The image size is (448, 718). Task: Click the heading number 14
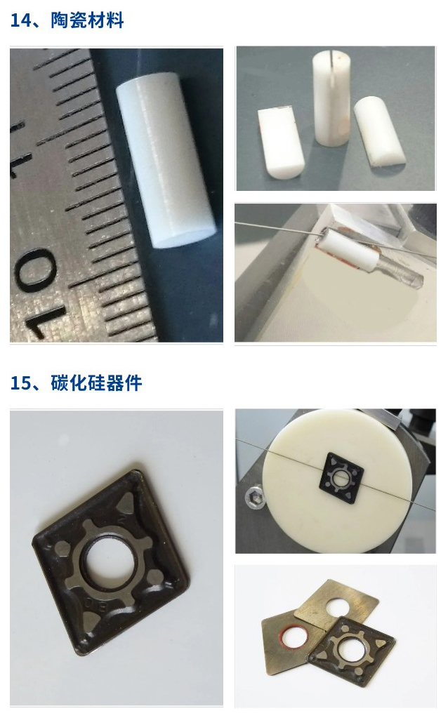tap(21, 20)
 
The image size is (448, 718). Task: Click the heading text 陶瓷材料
tap(87, 20)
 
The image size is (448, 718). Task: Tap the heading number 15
tap(21, 383)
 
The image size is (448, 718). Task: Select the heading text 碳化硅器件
tap(96, 383)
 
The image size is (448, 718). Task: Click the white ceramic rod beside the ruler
tap(165, 160)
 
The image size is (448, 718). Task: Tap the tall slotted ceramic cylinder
tap(331, 98)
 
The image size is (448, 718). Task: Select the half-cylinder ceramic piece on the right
tap(378, 131)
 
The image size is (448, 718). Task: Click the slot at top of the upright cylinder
tap(331, 69)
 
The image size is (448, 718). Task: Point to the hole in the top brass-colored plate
tap(338, 607)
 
